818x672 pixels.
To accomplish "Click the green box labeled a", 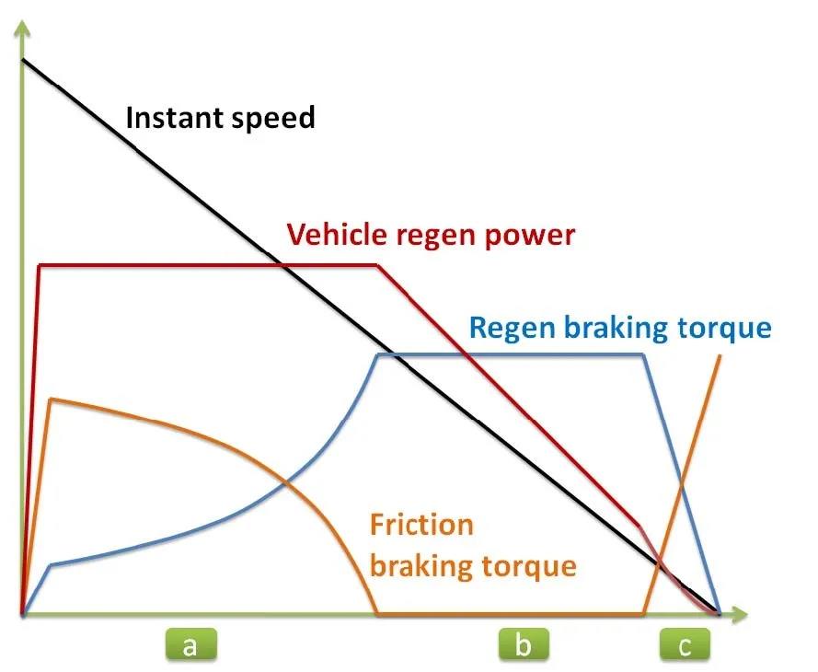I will [x=190, y=645].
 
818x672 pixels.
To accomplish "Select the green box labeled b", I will [x=523, y=645].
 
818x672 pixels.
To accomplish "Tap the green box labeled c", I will [x=685, y=645].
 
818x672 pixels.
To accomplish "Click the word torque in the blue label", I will [x=726, y=327].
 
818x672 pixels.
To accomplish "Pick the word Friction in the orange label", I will [x=421, y=526].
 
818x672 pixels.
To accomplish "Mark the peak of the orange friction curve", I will [x=52, y=399].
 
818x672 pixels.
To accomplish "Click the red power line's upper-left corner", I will [x=40, y=266].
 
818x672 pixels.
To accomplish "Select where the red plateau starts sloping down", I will [x=378, y=266].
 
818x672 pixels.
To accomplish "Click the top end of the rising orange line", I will [x=720, y=354].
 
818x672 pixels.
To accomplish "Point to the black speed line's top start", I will [x=24, y=61].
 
